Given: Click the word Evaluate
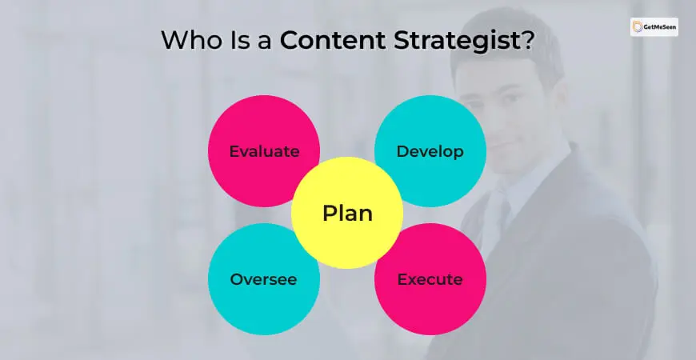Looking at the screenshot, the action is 264,151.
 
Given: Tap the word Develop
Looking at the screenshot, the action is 430,152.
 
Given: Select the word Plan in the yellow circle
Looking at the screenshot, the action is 347,213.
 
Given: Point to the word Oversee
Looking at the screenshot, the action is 263,279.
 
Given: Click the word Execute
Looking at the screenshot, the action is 430,279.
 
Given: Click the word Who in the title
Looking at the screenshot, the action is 192,40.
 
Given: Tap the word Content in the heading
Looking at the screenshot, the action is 333,40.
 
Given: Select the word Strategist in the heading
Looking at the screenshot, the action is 457,41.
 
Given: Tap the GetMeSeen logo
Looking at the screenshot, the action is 654,27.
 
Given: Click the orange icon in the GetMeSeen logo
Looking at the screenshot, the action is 638,26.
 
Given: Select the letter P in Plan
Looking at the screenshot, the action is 330,213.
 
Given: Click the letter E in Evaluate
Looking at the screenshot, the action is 234,151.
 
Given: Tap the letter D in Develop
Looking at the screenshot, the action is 402,151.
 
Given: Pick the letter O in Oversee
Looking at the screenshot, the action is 236,279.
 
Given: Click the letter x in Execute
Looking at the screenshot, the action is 411,281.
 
